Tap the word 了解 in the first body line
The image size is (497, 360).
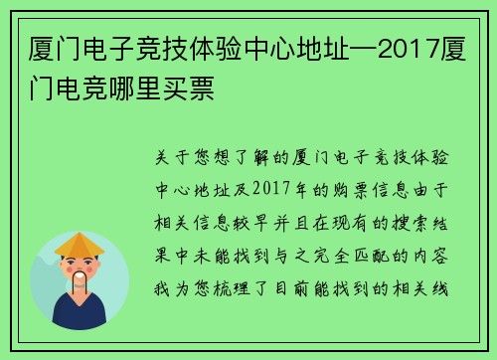[232, 159]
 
